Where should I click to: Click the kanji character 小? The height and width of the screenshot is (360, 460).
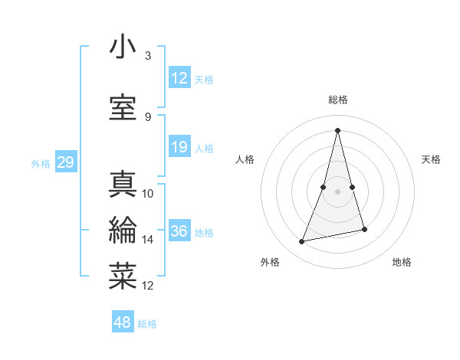click(123, 47)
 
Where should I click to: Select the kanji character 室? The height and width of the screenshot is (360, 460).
click(123, 108)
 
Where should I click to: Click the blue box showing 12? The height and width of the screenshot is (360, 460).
click(179, 78)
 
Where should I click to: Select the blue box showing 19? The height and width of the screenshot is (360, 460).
click(179, 147)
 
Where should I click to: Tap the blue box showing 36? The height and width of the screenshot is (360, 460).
click(179, 231)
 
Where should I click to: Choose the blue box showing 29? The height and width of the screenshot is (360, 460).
click(65, 162)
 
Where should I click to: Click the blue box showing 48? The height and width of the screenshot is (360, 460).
click(123, 322)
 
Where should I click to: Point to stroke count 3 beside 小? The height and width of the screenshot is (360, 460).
click(148, 56)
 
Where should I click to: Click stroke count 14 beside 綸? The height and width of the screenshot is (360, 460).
click(148, 240)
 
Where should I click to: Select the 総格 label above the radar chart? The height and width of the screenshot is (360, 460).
click(338, 100)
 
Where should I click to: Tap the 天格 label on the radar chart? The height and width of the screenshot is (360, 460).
click(431, 159)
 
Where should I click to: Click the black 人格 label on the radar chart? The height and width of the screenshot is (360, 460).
click(245, 159)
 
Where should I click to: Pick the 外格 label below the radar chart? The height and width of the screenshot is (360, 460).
click(270, 262)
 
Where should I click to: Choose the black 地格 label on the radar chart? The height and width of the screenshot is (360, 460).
click(402, 262)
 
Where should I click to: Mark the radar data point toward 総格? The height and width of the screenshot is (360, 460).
click(338, 130)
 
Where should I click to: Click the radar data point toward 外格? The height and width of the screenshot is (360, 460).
click(302, 242)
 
